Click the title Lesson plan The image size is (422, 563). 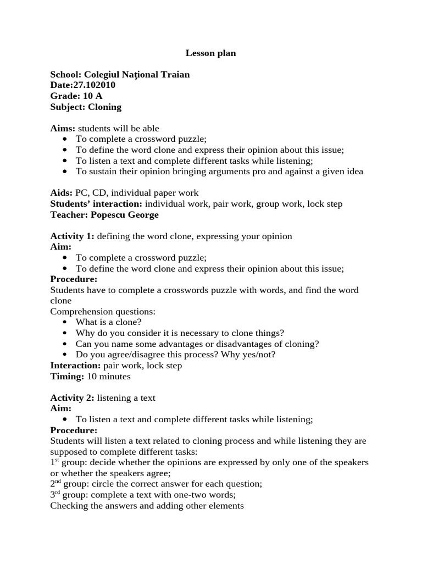210,53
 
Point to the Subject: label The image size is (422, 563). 68,107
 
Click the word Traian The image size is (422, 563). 175,74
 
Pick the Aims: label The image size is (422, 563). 62,129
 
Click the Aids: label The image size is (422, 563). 61,193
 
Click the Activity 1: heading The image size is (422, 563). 72,236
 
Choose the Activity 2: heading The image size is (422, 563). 72,398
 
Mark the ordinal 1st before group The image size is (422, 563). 54,462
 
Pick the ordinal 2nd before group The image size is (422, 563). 55,484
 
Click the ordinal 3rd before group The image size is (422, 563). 55,494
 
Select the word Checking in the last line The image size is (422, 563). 68,505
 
